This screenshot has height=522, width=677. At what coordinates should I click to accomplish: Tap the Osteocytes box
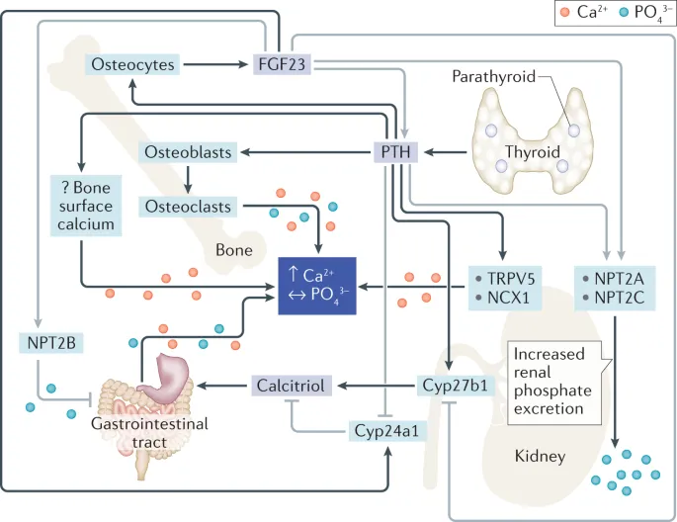133,65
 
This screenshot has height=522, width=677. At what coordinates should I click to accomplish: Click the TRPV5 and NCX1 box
503,287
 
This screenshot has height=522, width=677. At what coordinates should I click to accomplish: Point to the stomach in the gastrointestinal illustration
177,379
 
